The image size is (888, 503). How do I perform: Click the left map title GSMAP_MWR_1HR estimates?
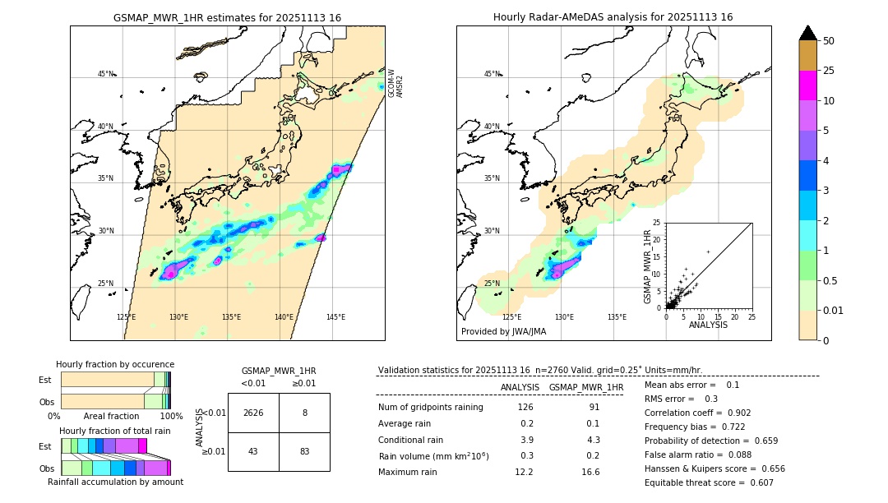[227, 17]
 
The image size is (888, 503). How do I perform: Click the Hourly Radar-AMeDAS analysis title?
[613, 17]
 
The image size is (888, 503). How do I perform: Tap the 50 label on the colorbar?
[829, 41]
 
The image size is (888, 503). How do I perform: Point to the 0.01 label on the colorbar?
[834, 310]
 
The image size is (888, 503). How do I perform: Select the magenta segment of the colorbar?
[807, 86]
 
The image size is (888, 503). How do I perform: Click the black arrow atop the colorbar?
[807, 33]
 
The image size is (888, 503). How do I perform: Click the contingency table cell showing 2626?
[253, 413]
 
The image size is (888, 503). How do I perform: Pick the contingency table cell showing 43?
[253, 451]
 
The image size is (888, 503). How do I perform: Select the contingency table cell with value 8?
[304, 413]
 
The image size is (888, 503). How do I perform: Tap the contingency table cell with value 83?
[304, 451]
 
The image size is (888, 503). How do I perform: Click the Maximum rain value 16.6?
[590, 472]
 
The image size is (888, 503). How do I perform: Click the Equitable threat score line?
[709, 482]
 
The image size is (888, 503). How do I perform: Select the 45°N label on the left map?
[105, 74]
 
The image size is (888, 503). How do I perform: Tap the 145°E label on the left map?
[335, 317]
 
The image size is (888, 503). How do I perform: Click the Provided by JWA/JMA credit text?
[503, 331]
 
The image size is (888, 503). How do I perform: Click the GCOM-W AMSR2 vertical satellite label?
[395, 83]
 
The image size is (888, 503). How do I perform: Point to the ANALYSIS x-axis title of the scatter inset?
[708, 325]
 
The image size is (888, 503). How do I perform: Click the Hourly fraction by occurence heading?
[115, 364]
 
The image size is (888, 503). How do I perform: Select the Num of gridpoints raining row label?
[430, 407]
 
